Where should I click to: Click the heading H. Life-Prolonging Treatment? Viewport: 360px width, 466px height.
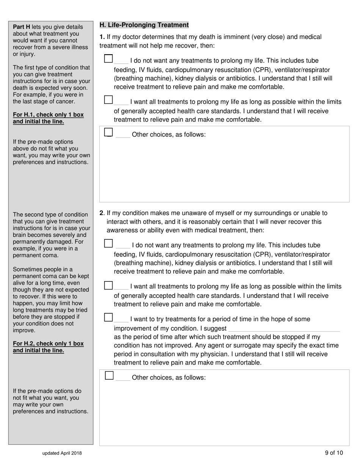(144, 25)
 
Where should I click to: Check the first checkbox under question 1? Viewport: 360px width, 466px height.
(108, 59)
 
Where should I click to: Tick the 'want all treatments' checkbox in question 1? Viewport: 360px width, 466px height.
(108, 100)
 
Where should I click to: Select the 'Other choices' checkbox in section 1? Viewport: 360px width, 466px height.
(108, 132)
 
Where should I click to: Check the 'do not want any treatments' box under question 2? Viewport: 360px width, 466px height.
(108, 243)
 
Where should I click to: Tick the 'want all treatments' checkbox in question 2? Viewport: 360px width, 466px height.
(108, 285)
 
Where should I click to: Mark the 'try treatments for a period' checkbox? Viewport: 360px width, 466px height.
(108, 317)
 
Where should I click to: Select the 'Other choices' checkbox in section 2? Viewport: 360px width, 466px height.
(109, 375)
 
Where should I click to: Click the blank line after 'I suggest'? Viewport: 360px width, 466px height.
(284, 329)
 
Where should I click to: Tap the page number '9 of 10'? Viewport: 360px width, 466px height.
(334, 453)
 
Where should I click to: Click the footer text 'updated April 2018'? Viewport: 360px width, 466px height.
(62, 453)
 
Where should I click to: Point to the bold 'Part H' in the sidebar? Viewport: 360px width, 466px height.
(22, 27)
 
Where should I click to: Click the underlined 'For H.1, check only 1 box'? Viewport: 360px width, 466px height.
(48, 114)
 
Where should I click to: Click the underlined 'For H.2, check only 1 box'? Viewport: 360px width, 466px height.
(48, 344)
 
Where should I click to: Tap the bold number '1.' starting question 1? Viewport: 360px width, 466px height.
(102, 37)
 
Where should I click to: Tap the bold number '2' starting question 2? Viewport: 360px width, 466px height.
(101, 213)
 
